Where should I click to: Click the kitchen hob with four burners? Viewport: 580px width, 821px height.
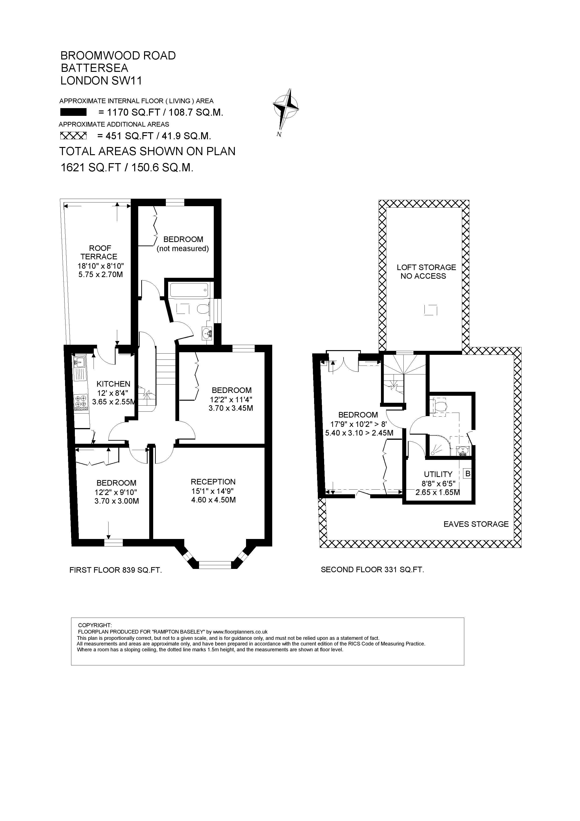tap(81, 402)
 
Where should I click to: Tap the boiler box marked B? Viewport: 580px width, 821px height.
tap(468, 474)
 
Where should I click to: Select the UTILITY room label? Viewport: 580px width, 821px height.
tap(438, 474)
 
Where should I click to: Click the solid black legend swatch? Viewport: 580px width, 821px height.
tap(73, 112)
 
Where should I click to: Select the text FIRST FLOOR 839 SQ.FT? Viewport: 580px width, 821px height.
tap(116, 570)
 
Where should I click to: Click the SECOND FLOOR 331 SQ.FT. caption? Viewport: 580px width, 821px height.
tap(372, 570)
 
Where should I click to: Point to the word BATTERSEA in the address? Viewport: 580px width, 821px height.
tap(94, 68)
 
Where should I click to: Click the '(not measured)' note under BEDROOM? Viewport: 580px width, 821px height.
tap(183, 249)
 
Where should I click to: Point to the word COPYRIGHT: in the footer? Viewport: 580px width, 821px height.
tap(95, 625)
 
